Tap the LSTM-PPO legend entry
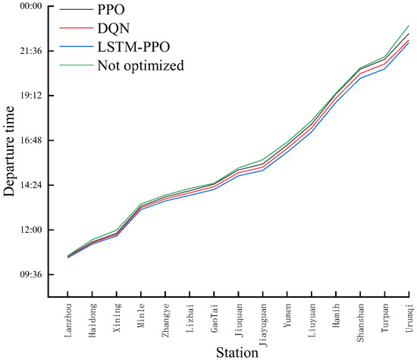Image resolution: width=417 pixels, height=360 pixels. (x=133, y=47)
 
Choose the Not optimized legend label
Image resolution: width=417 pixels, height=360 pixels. (x=140, y=64)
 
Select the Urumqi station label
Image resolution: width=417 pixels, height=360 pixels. (x=409, y=313)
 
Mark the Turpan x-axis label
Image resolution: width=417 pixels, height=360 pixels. (x=385, y=313)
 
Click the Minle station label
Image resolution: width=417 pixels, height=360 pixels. (x=142, y=311)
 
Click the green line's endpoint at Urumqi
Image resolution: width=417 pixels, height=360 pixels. (x=409, y=26)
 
